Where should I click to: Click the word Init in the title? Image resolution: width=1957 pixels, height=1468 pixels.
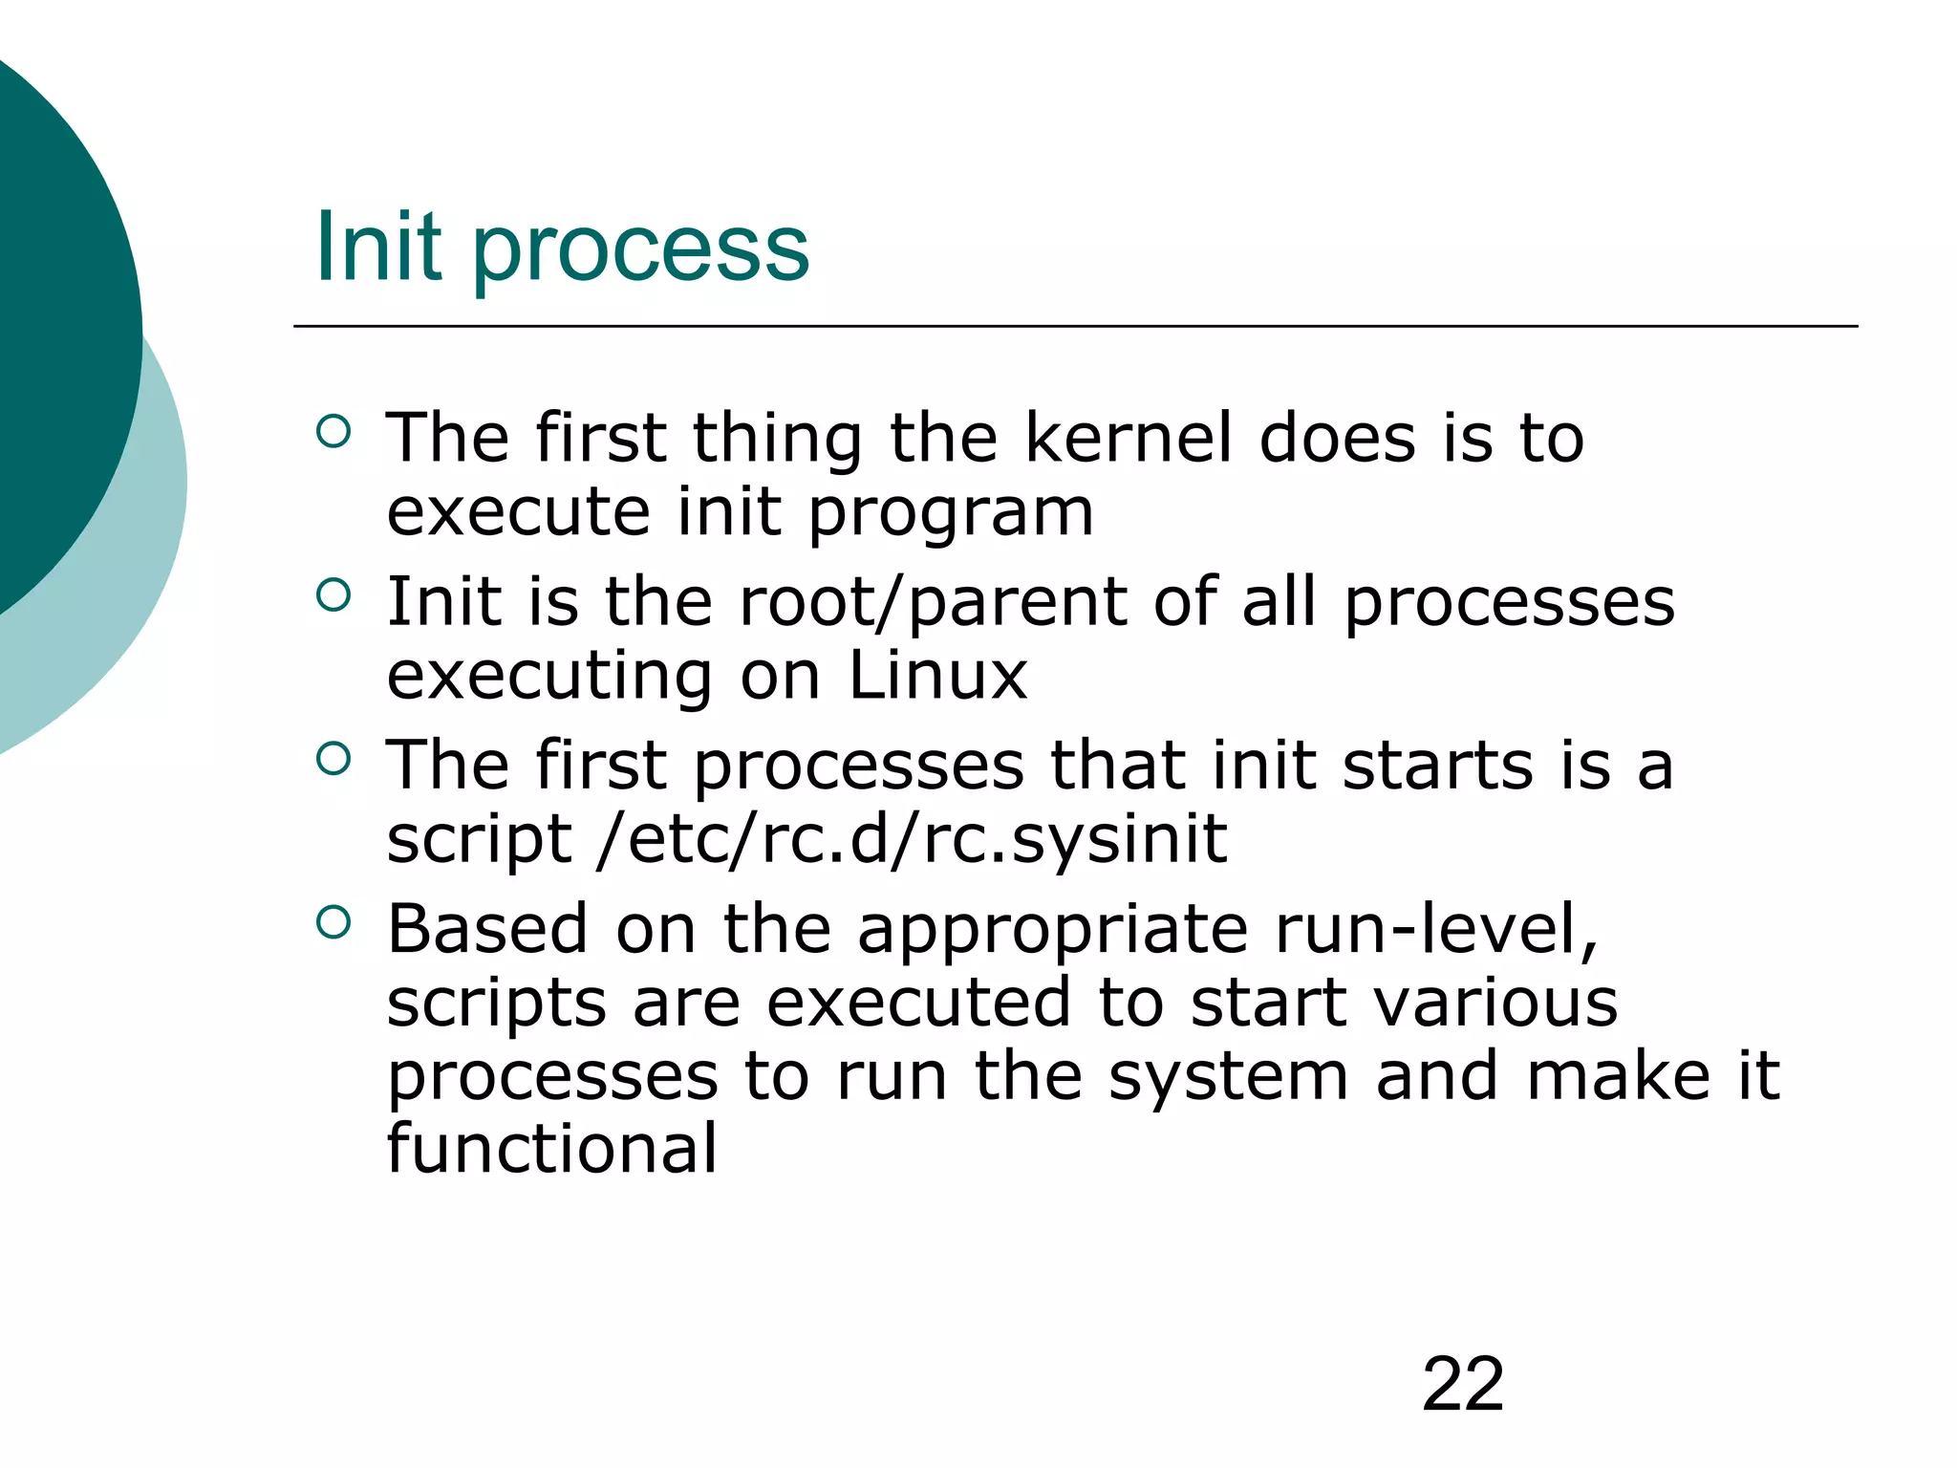point(378,248)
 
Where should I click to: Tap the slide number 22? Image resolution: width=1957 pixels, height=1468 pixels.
point(1462,1384)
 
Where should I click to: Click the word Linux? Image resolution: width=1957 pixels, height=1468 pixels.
point(937,675)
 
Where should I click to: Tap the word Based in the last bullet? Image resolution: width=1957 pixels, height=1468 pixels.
point(487,929)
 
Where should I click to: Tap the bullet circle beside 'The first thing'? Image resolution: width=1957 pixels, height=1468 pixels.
point(333,432)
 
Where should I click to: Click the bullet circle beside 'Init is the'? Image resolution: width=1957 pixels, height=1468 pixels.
point(333,595)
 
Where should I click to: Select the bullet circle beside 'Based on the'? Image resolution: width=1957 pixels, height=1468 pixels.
point(333,922)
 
